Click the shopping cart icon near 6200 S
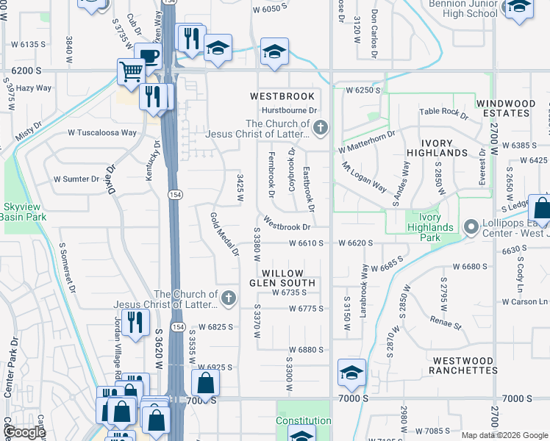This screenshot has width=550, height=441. point(131,72)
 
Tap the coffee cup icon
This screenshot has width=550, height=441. point(149,56)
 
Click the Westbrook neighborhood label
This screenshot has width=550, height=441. point(282,96)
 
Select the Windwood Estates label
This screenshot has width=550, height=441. point(504,108)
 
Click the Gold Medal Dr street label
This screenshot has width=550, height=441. point(225,234)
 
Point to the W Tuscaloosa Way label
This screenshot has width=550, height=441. point(102,133)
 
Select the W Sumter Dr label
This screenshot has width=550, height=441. point(76,179)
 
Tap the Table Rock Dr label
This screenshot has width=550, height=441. point(443,112)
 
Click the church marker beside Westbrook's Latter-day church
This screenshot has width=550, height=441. point(319,129)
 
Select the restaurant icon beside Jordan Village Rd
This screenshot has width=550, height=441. point(135,322)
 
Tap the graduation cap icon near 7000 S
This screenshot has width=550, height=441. point(351,371)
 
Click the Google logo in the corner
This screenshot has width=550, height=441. point(24,432)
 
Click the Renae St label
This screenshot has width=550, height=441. point(446,323)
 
